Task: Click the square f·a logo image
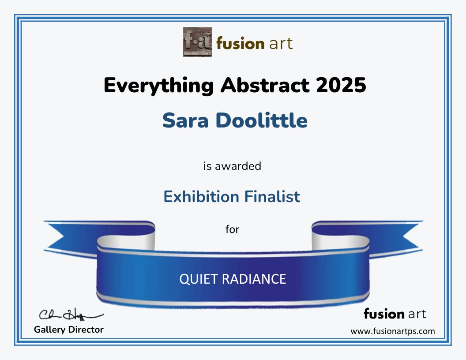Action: [x=197, y=42]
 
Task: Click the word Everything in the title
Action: [x=159, y=86]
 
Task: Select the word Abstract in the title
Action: [x=265, y=85]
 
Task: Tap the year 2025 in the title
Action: [x=341, y=85]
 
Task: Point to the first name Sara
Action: [x=185, y=120]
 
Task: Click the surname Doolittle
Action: [x=261, y=120]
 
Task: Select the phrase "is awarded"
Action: [x=232, y=166]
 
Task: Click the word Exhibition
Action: [x=201, y=197]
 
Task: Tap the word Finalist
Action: [x=272, y=197]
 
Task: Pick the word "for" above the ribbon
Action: [x=232, y=229]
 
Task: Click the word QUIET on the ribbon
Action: [x=199, y=279]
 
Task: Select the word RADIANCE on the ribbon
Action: [x=254, y=279]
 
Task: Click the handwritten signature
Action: [x=71, y=315]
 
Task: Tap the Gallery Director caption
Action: [x=69, y=330]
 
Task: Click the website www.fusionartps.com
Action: [x=393, y=331]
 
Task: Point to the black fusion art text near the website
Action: [x=395, y=314]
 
